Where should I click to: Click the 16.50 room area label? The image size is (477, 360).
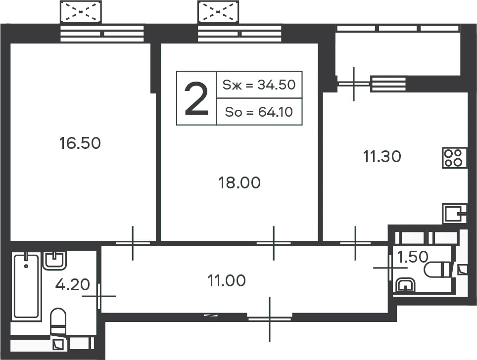click(x=80, y=143)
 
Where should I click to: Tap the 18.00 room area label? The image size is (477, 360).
click(x=239, y=183)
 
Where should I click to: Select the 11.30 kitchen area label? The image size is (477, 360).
click(x=382, y=157)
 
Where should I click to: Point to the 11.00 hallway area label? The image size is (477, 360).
click(x=227, y=281)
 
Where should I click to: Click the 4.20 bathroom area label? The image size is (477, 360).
click(x=73, y=285)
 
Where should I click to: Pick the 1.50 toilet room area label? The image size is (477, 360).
click(x=413, y=257)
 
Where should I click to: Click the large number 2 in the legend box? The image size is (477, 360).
click(x=196, y=99)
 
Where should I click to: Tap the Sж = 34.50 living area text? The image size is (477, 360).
click(x=259, y=85)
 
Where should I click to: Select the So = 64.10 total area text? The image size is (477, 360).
click(x=259, y=112)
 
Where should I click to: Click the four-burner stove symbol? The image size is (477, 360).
click(x=454, y=158)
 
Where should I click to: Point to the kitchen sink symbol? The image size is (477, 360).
click(x=454, y=214)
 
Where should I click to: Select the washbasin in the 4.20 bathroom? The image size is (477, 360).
click(x=55, y=261)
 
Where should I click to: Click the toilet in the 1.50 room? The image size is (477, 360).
click(x=436, y=270)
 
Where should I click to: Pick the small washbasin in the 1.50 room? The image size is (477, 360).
click(x=405, y=285)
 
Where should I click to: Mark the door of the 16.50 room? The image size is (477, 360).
click(x=133, y=243)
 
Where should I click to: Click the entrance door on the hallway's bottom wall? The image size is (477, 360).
click(x=270, y=319)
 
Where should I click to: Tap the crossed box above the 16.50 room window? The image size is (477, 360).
click(x=81, y=12)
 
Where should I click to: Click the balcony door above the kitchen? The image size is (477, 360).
click(x=354, y=84)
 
